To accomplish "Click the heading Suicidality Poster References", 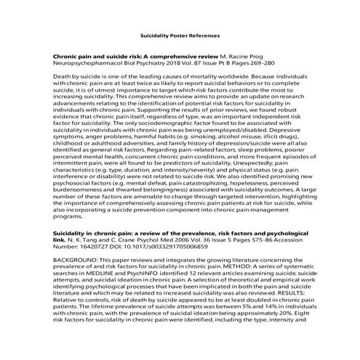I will pyautogui.click(x=179, y=35).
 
